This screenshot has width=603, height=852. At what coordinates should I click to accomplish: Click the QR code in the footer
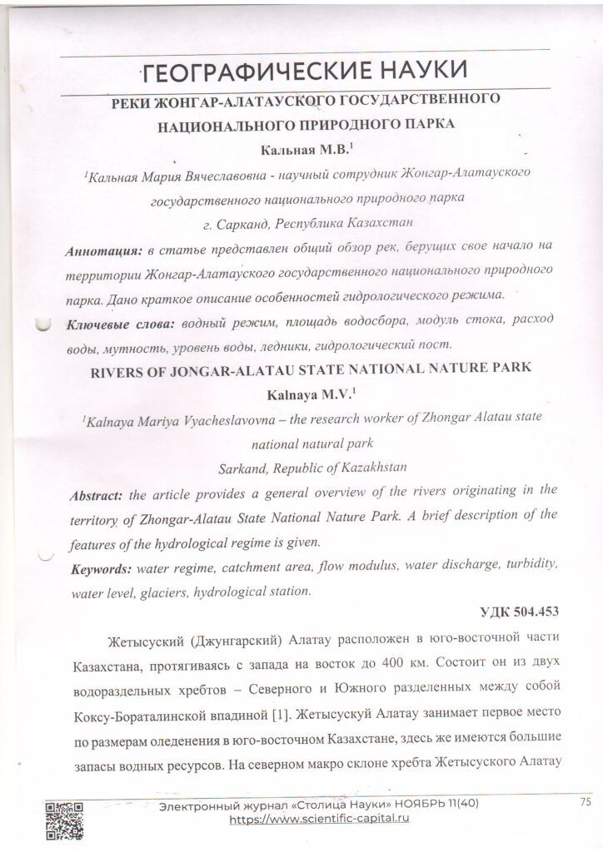click(63, 820)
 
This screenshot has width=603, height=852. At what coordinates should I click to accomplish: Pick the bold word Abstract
click(97, 495)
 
